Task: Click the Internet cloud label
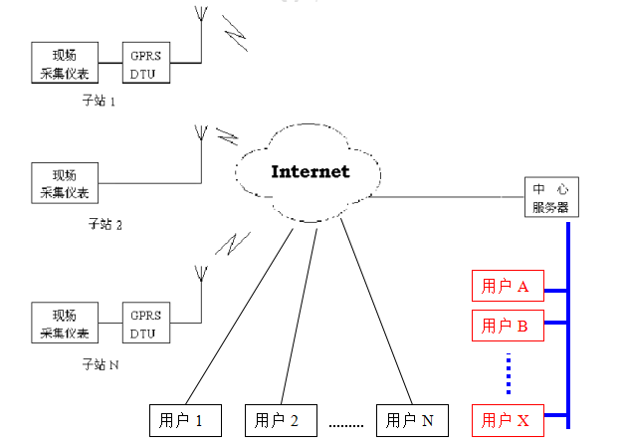coord(311,171)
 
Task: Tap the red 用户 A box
coord(506,287)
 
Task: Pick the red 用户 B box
coord(506,325)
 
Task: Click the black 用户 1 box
coord(184,420)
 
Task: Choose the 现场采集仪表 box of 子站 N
coord(65,323)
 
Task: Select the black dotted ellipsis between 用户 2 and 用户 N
coord(346,425)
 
